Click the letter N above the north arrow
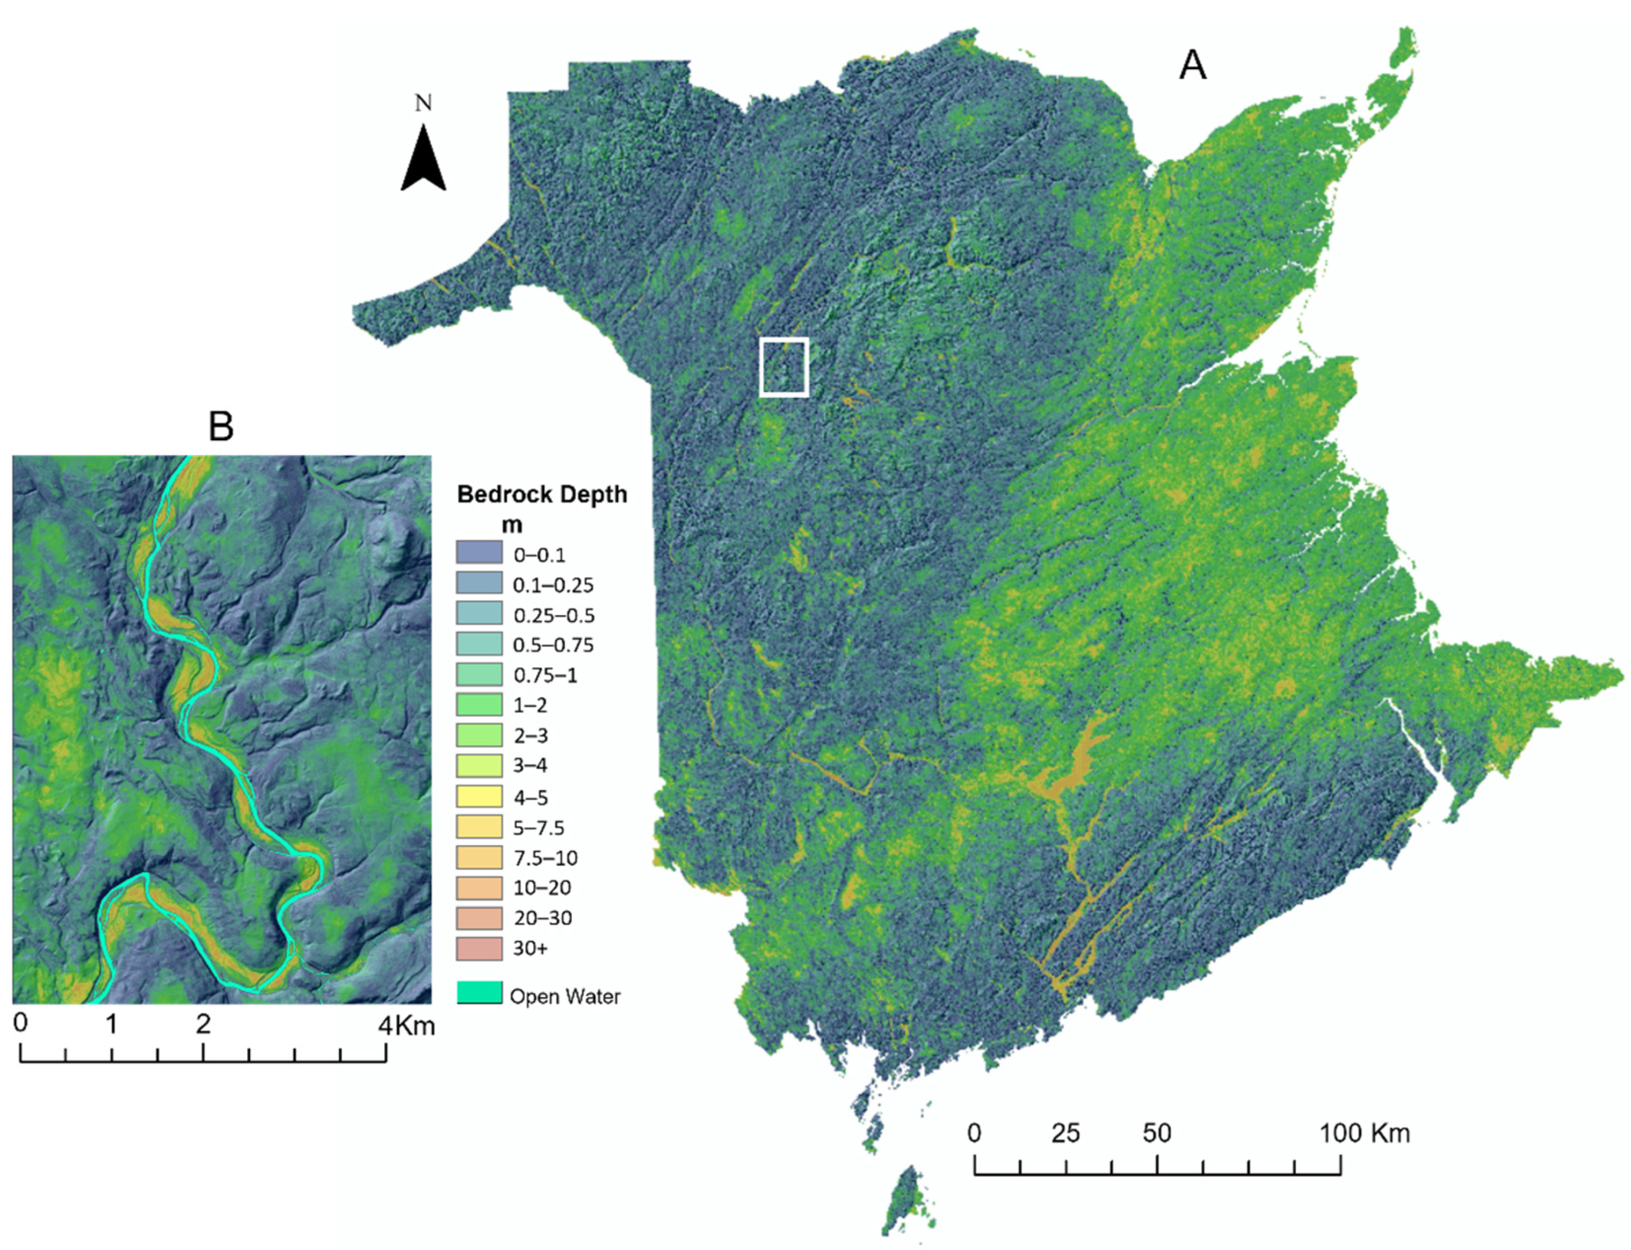point(424,103)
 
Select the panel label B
point(221,426)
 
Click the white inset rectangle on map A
point(783,366)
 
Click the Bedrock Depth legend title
point(542,494)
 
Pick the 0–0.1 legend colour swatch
point(479,553)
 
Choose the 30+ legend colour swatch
point(479,948)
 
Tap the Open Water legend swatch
point(479,992)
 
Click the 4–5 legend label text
point(530,798)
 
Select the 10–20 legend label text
point(542,887)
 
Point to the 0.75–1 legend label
point(545,676)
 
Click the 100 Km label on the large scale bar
point(1365,1133)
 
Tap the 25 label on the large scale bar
point(1065,1133)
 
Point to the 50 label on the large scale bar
point(1156,1133)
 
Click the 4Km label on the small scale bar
point(406,1026)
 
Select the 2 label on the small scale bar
point(203,1024)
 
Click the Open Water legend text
point(565,997)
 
